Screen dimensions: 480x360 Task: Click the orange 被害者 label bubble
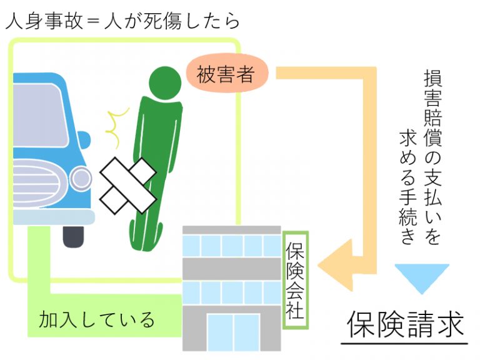pyautogui.click(x=227, y=74)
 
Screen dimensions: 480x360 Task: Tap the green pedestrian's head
pyautogui.click(x=165, y=83)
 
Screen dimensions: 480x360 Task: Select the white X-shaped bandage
pyautogui.click(x=129, y=186)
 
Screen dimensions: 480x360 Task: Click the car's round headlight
pyautogui.click(x=81, y=178)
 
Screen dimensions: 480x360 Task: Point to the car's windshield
pyautogui.click(x=38, y=116)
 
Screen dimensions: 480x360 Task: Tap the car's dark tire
pyautogui.click(x=73, y=236)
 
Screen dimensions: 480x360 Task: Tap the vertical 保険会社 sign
pyautogui.click(x=295, y=280)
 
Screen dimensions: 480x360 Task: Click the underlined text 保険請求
pyautogui.click(x=405, y=324)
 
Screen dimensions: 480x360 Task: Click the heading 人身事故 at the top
pyautogui.click(x=44, y=21)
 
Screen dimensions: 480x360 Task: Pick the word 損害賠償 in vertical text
pyautogui.click(x=433, y=108)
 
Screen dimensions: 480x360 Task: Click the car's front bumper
pyautogui.click(x=54, y=217)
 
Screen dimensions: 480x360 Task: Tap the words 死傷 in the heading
pyautogui.click(x=162, y=21)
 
